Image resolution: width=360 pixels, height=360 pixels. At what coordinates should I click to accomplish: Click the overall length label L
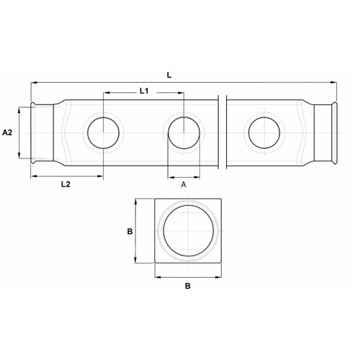coord(168,74)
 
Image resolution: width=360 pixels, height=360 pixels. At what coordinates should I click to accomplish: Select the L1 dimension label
coord(143,91)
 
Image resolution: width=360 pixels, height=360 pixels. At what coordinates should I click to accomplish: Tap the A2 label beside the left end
coord(8,133)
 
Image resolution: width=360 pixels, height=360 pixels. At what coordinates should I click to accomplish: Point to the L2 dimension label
coord(65,184)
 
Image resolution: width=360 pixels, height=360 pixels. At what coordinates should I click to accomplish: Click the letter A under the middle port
coord(184,185)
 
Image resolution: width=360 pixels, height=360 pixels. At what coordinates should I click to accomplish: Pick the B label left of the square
coord(130,232)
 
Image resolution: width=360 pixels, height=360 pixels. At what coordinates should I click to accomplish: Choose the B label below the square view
coord(188,286)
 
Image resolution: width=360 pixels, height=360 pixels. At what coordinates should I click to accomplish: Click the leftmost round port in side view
coord(104,133)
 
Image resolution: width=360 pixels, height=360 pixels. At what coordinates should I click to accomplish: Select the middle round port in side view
coord(184,133)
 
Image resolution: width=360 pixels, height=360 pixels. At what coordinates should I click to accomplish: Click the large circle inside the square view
coord(188,231)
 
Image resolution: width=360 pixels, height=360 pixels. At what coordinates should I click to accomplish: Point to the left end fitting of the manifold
coord(45,133)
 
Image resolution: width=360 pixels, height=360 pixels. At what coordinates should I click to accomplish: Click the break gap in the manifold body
coord(223,133)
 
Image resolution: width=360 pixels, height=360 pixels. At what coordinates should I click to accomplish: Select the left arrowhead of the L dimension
coord(33,83)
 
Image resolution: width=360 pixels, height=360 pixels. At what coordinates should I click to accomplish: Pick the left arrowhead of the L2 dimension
coord(33,176)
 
